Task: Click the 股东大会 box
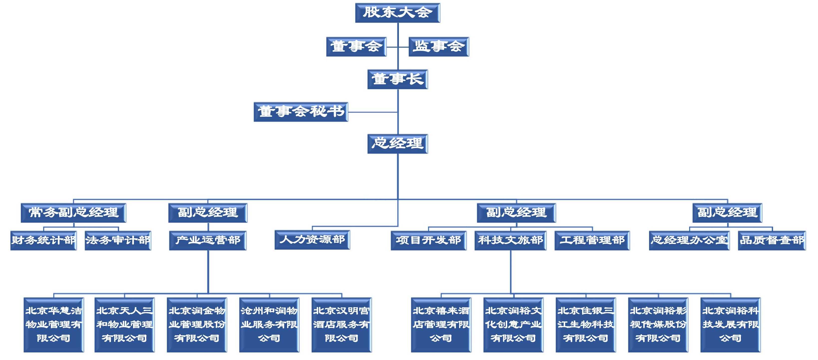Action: tap(398, 13)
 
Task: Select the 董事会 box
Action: tap(356, 47)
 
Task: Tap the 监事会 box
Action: tap(439, 47)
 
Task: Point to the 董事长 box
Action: tap(398, 79)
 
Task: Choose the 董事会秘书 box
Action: tap(301, 112)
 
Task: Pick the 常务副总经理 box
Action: tap(73, 213)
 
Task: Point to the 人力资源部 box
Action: tap(312, 240)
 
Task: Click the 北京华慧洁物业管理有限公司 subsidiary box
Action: tap(54, 325)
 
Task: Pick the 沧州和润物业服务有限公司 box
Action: tap(269, 325)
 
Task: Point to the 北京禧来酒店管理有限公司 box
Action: tap(441, 325)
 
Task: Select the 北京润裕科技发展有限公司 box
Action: tap(730, 325)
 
